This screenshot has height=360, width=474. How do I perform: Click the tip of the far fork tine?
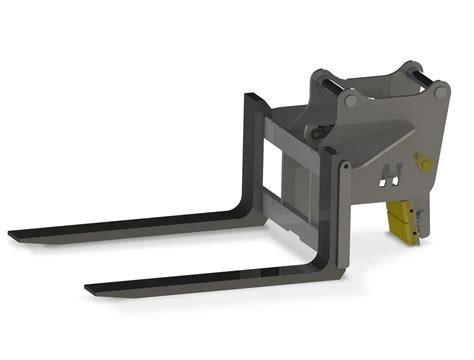click(x=14, y=237)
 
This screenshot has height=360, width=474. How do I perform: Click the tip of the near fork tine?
click(x=91, y=290)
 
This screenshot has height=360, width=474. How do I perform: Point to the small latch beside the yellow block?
click(x=420, y=223)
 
